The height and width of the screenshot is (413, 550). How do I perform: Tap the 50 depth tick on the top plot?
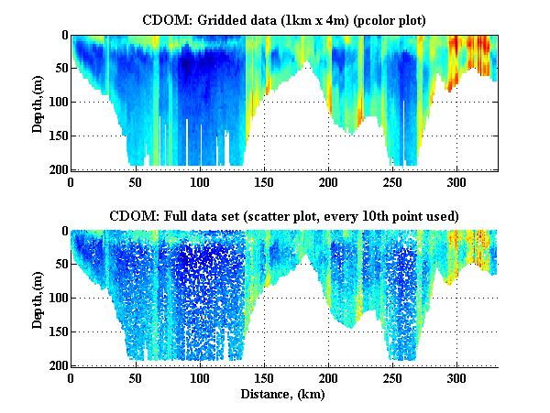[x=59, y=69]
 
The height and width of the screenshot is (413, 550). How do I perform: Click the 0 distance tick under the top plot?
[x=71, y=181]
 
